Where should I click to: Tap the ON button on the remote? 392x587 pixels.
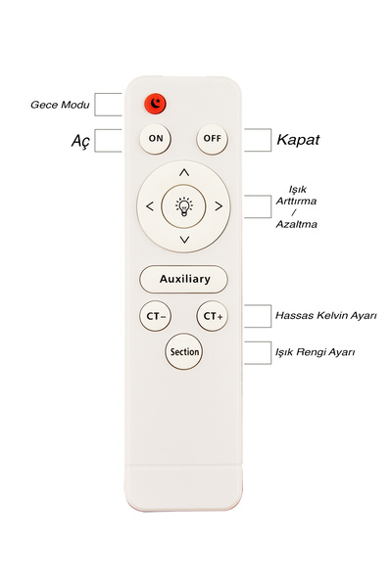(155, 139)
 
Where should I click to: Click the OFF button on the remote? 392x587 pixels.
(212, 139)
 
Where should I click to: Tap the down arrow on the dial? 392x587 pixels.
(184, 240)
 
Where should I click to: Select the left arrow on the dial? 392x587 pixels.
(150, 206)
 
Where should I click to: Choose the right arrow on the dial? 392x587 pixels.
(219, 206)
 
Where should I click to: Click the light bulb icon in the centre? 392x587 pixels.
(184, 207)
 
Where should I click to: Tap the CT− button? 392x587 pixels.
(155, 316)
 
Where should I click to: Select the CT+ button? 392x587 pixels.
(213, 316)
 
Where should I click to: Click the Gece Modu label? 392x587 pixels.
(60, 105)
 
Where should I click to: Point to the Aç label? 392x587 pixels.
(80, 141)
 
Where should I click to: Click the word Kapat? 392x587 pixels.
(298, 140)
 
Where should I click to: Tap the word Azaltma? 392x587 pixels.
(296, 224)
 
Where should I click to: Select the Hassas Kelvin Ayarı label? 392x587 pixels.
(326, 316)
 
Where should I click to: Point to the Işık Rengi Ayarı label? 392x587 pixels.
(316, 352)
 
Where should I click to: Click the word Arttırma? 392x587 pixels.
(296, 201)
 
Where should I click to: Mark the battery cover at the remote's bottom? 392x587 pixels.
(183, 487)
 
